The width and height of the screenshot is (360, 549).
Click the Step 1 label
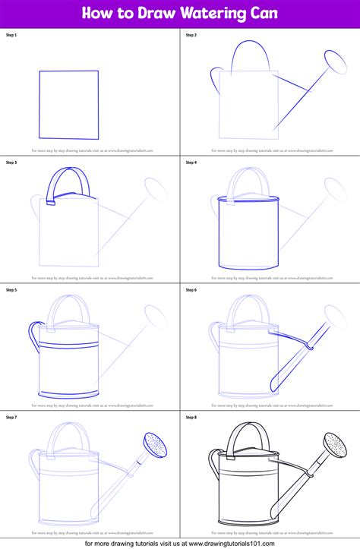click(x=12, y=36)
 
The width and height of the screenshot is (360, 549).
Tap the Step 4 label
click(x=191, y=162)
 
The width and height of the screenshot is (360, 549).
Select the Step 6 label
click(x=191, y=290)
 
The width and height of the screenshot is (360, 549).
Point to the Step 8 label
click(x=191, y=417)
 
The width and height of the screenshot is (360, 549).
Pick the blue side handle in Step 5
click(x=33, y=333)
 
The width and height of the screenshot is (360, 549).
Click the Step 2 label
click(x=191, y=36)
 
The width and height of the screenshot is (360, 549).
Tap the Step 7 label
click(x=12, y=417)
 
